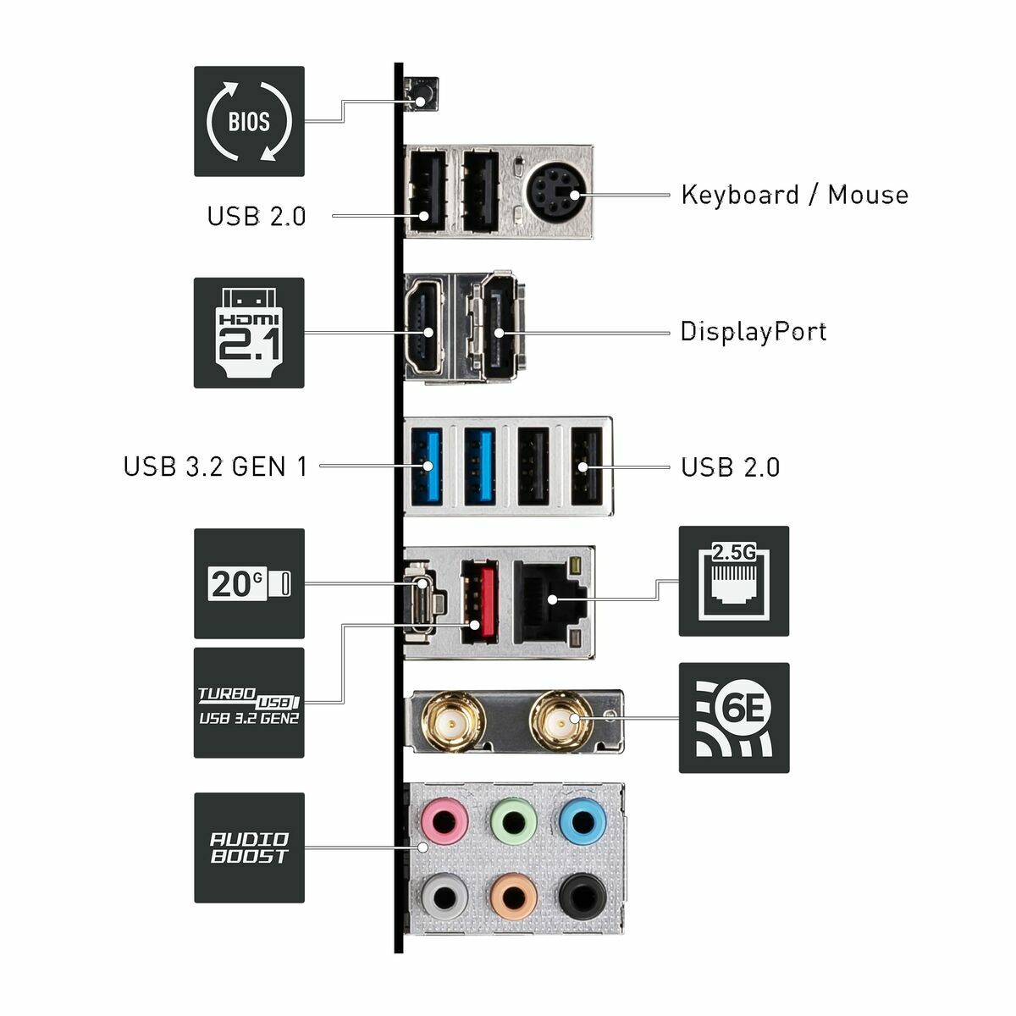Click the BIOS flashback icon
pyautogui.click(x=249, y=121)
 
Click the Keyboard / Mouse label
pyautogui.click(x=794, y=195)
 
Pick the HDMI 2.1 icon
pyautogui.click(x=249, y=333)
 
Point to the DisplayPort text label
pyautogui.click(x=754, y=331)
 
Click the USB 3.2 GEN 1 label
pyautogui.click(x=216, y=467)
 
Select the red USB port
pyautogui.click(x=478, y=601)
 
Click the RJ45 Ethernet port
pyautogui.click(x=547, y=599)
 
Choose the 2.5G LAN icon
pyautogui.click(x=733, y=581)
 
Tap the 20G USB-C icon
pyautogui.click(x=249, y=583)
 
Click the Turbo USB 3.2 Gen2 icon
pyautogui.click(x=249, y=703)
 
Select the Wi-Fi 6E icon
pyautogui.click(x=733, y=718)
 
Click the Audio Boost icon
pyautogui.click(x=249, y=848)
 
